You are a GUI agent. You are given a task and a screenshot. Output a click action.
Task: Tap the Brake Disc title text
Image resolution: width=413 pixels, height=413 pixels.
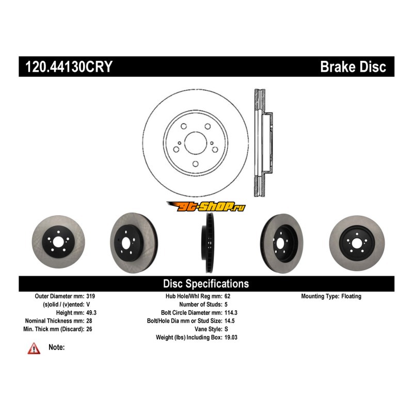click(353, 67)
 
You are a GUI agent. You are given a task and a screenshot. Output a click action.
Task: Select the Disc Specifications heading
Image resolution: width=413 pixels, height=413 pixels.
click(206, 283)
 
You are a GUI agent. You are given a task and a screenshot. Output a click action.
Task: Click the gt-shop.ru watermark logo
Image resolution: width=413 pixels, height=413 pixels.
click(205, 207)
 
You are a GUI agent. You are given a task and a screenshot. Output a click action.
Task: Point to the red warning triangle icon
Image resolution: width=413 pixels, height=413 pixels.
click(34, 350)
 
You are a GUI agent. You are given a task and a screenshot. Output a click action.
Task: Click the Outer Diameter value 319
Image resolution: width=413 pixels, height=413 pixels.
click(90, 296)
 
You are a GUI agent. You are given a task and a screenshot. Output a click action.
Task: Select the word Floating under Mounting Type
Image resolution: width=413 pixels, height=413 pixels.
click(350, 296)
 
